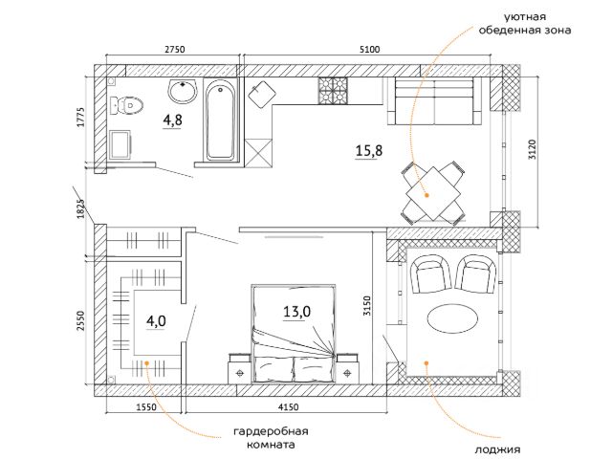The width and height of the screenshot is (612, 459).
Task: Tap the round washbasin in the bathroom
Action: point(182,91)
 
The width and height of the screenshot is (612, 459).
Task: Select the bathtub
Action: point(221,120)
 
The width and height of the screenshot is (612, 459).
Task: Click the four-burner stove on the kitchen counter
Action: point(333,91)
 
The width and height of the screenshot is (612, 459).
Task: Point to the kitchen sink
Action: point(262,95)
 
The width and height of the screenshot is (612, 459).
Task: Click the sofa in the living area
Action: point(435,100)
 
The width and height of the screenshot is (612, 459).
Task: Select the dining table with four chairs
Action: point(433,193)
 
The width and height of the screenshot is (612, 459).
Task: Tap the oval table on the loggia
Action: point(452,317)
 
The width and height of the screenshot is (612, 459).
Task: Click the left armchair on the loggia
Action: point(431,274)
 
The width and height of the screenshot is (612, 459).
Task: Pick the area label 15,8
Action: point(369,151)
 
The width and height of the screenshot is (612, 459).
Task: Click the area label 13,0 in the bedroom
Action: point(296,312)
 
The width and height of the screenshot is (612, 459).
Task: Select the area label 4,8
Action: point(172,120)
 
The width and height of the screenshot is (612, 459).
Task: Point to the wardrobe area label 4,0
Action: point(156,321)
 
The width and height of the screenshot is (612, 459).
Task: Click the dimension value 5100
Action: point(369,50)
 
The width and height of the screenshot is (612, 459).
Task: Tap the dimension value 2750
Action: point(174,50)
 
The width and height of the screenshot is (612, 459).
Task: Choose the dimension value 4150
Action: point(289,407)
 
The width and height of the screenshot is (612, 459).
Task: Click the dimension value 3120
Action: point(532,149)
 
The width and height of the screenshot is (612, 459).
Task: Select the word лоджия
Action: point(497,449)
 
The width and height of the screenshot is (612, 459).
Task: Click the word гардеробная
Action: point(271,431)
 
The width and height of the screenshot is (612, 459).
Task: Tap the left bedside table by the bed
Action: point(239,368)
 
